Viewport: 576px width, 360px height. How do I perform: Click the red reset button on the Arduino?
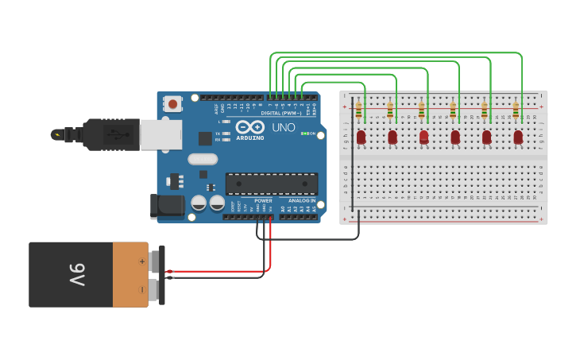tap(172, 103)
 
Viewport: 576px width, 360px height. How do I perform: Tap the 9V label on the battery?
tap(76, 275)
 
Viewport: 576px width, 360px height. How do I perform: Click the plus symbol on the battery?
tap(143, 261)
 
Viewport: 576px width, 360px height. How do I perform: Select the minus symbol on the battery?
tap(143, 289)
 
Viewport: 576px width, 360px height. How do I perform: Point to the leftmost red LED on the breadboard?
tap(361, 137)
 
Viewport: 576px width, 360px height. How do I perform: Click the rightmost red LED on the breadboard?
tap(518, 137)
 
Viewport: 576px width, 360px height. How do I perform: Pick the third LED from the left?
tap(423, 137)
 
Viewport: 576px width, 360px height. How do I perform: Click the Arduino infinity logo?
tap(249, 127)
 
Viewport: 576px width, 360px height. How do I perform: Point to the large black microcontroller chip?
tap(271, 184)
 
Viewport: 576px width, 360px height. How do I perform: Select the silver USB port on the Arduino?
tap(160, 134)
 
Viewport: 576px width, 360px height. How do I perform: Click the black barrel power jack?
tap(168, 207)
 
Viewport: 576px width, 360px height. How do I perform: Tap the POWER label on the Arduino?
tap(263, 201)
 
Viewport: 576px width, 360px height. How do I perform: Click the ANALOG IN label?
tap(301, 201)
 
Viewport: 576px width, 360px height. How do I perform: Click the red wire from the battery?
tap(222, 271)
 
